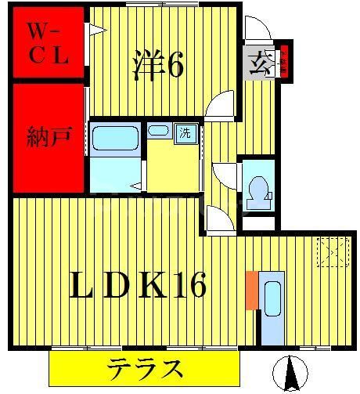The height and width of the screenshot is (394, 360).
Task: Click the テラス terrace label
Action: tap(145, 367)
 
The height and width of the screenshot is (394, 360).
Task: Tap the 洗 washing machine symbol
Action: tap(186, 132)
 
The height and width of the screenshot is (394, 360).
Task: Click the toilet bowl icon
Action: tap(257, 189)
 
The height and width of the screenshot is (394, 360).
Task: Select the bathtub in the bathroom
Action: tap(117, 139)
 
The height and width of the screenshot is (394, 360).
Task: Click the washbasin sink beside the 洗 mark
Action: tap(158, 131)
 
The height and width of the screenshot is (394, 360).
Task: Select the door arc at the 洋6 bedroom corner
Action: tap(221, 106)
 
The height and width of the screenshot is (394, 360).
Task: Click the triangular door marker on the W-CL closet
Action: tap(97, 31)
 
